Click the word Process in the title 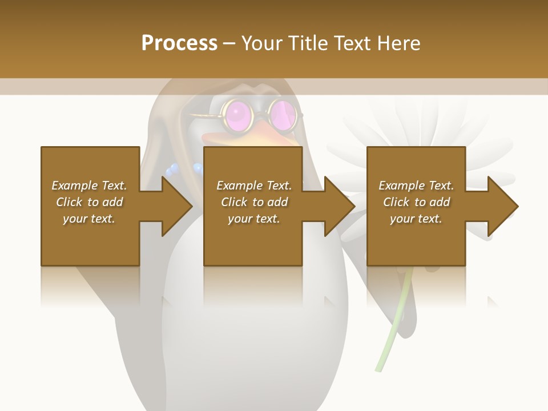179,43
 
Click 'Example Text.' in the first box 89,186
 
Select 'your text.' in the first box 89,219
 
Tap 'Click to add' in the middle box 254,202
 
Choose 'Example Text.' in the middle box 254,186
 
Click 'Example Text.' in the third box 416,186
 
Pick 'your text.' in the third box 416,219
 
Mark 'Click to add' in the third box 416,202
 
